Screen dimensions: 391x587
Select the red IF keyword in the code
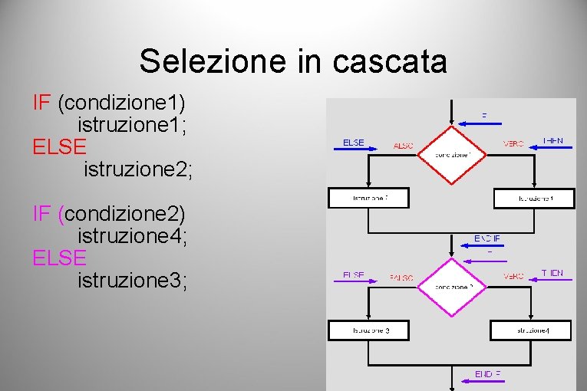(x=41, y=102)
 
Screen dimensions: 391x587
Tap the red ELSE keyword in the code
(x=60, y=146)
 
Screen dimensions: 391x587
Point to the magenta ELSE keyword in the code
(x=60, y=257)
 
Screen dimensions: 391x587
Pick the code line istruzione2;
(x=138, y=169)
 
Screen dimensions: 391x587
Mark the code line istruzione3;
(x=132, y=280)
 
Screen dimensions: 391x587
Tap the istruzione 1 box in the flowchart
(x=534, y=198)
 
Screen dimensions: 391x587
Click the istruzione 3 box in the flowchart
(x=369, y=330)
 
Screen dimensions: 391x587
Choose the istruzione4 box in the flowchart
(x=531, y=330)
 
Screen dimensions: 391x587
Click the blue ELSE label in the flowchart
(x=353, y=143)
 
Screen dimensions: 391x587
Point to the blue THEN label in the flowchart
(x=552, y=141)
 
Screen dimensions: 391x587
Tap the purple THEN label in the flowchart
(x=552, y=273)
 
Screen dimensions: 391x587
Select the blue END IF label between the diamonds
(x=486, y=238)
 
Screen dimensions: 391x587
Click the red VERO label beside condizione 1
(x=513, y=144)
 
